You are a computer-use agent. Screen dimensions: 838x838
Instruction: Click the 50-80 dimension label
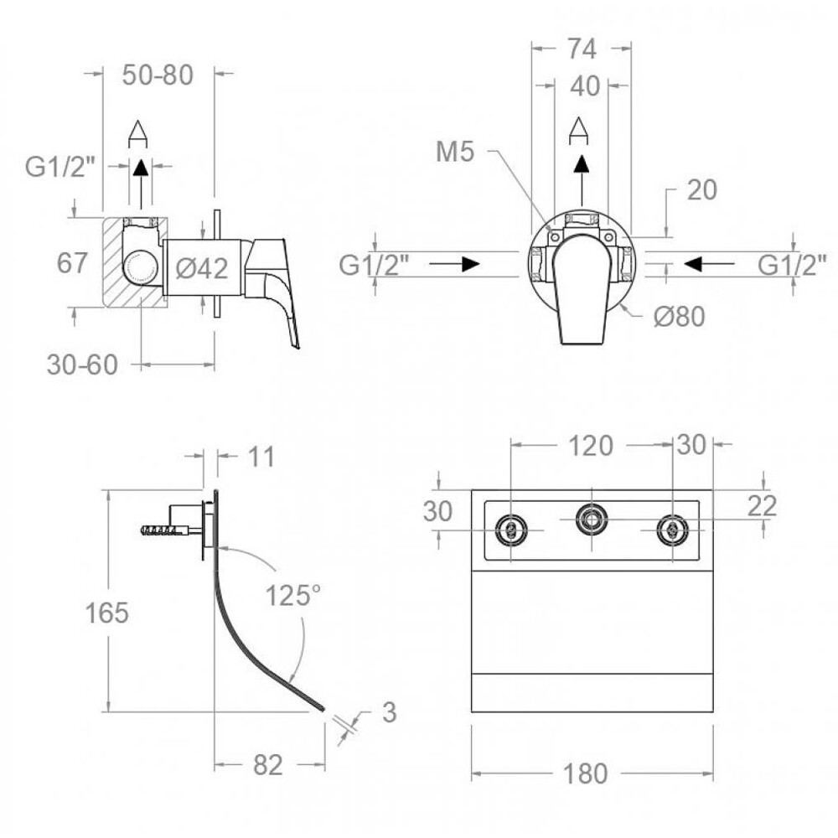tap(158, 75)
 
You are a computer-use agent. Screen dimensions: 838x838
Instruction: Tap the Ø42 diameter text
tap(202, 268)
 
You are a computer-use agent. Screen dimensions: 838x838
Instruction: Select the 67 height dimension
tap(71, 263)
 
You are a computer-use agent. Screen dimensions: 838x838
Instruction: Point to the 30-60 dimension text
tap(82, 365)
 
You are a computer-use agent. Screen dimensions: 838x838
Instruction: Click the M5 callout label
tap(455, 152)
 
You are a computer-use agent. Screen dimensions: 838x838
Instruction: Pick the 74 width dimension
tap(582, 49)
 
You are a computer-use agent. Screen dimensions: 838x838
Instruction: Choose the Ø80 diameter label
tap(680, 317)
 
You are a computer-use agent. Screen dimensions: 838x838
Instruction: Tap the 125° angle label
tap(293, 595)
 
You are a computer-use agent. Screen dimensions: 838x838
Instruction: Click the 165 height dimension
tap(107, 613)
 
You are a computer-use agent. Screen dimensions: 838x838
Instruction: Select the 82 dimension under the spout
tap(268, 765)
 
